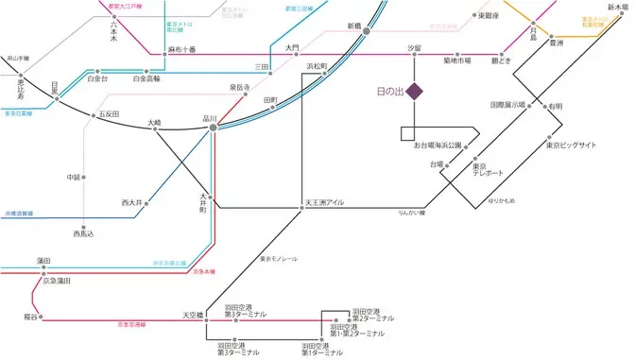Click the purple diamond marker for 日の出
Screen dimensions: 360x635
click(x=414, y=91)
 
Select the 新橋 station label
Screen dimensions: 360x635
click(x=355, y=26)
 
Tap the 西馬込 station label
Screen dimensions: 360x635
click(x=85, y=232)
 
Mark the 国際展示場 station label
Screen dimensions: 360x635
click(x=507, y=105)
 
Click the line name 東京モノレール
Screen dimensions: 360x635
click(x=279, y=258)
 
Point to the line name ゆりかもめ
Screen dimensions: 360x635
click(x=502, y=201)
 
